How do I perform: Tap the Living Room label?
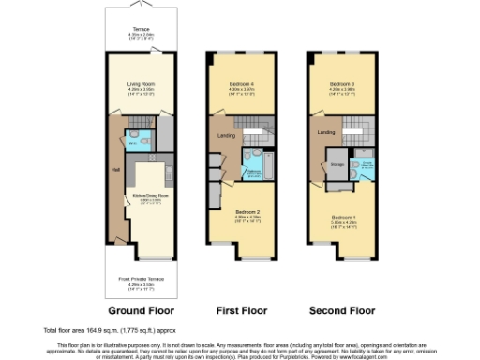click(140, 85)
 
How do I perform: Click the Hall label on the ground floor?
click(115, 170)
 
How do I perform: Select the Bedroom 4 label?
click(242, 85)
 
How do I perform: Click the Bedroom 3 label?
click(341, 85)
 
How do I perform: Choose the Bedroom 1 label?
click(344, 219)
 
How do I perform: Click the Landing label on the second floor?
click(325, 132)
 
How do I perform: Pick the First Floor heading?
click(241, 310)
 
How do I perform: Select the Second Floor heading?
click(342, 310)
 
